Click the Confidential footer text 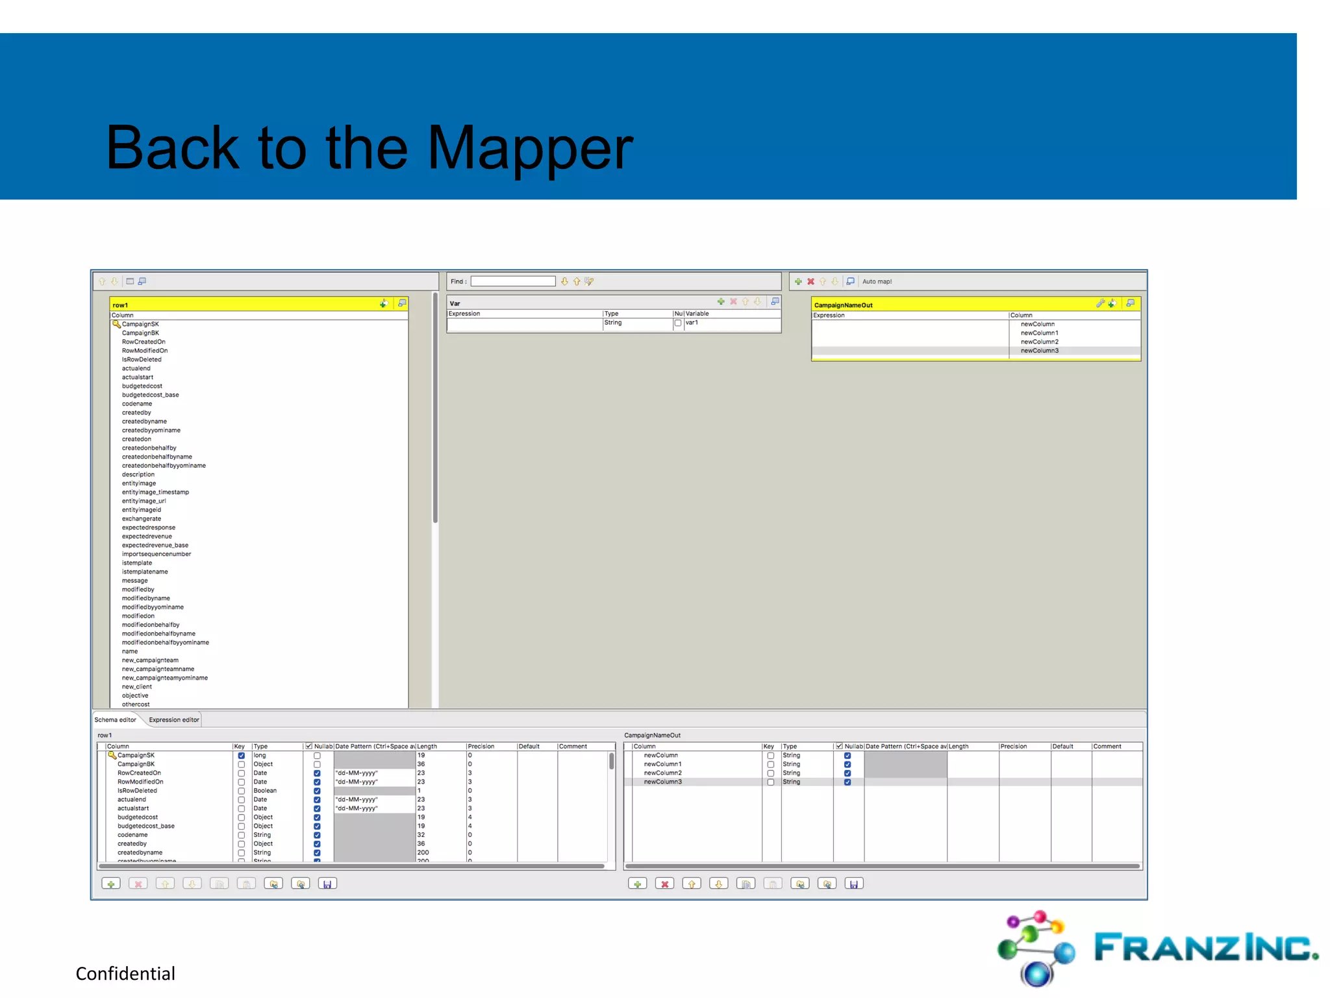tap(125, 973)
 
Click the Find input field tap(512, 281)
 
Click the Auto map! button tap(877, 281)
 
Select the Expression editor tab tap(173, 719)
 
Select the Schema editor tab tap(115, 719)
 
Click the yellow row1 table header tap(247, 304)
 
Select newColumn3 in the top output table tap(1039, 351)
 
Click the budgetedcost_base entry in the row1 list tap(150, 395)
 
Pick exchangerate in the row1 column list tap(141, 518)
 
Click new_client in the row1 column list tap(136, 687)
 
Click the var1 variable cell tap(692, 323)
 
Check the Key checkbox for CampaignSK tap(241, 756)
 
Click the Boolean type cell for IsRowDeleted tap(265, 791)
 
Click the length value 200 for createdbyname tap(423, 852)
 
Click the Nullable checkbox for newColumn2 tap(847, 773)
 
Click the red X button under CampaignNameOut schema tap(664, 884)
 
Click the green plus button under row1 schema tap(111, 884)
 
